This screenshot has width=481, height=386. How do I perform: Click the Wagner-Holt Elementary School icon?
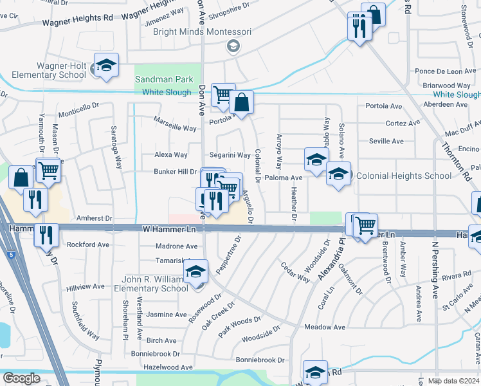[106, 66]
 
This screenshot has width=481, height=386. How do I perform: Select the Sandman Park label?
[163, 80]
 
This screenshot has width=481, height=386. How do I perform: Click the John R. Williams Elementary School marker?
[197, 272]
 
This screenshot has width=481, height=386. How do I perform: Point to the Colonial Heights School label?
[403, 176]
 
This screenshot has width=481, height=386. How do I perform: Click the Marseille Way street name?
[175, 128]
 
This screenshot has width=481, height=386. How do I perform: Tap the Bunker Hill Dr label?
[175, 172]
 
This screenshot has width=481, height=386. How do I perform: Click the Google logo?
[21, 378]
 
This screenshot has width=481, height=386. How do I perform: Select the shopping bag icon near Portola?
[242, 102]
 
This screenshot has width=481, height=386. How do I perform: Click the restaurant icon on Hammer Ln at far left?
[48, 234]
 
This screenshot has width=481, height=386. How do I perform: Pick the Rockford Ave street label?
[88, 244]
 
